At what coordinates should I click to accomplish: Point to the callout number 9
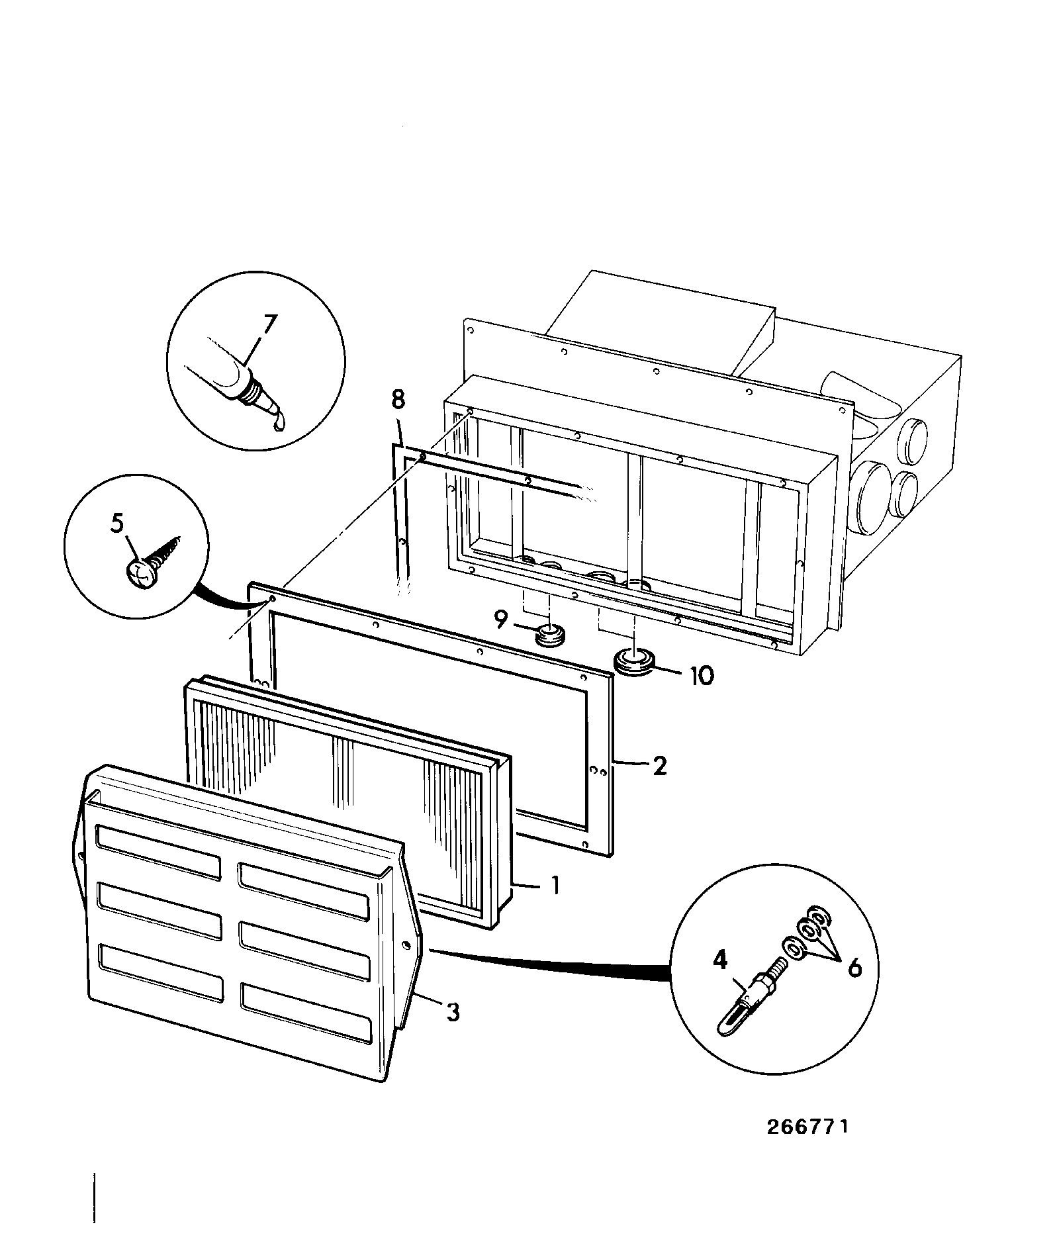(x=501, y=620)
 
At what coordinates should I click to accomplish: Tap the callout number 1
(x=556, y=886)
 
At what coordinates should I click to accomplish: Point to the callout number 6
(x=854, y=968)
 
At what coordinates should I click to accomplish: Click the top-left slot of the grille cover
(x=158, y=853)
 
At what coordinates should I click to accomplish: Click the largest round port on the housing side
(x=873, y=496)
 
